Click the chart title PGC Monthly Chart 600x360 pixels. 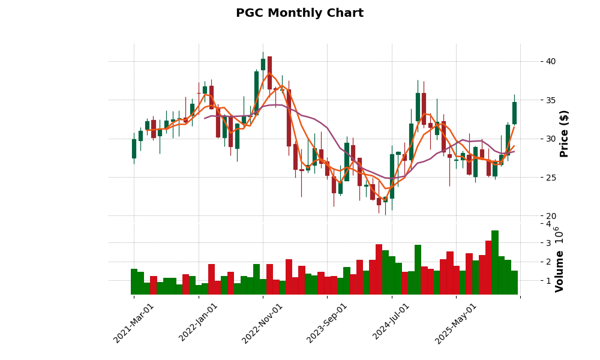pos(299,13)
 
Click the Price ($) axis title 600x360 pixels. pos(564,133)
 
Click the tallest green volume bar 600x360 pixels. pos(495,262)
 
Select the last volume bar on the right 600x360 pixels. pos(514,283)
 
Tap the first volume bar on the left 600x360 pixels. pos(134,281)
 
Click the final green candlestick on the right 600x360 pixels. pos(514,113)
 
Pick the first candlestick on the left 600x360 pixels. pos(134,149)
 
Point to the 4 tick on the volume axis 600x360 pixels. pos(548,224)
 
